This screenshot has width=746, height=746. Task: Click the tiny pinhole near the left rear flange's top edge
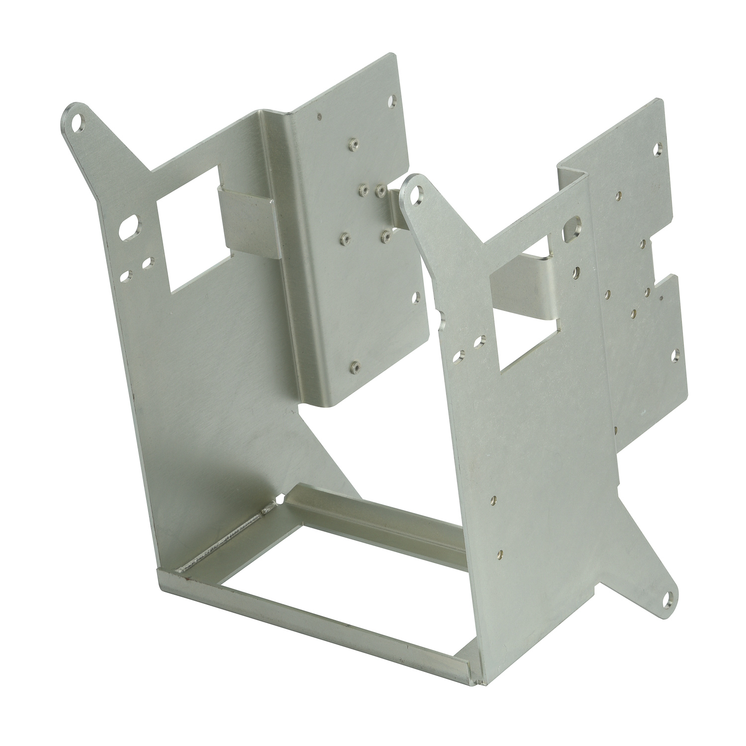tap(319, 118)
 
